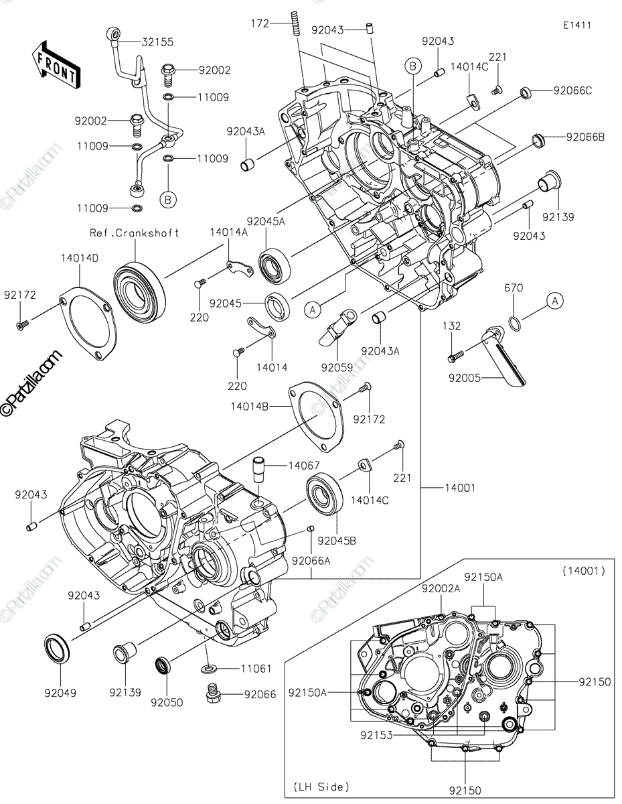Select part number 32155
click(x=157, y=42)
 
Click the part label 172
click(x=260, y=23)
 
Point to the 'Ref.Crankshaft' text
click(x=135, y=233)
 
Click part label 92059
click(x=337, y=367)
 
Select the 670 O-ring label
click(x=514, y=288)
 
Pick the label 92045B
click(x=337, y=541)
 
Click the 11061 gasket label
click(x=238, y=669)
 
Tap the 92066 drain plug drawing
click(x=214, y=695)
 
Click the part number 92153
click(x=377, y=735)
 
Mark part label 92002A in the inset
click(x=441, y=588)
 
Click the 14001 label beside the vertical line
click(x=459, y=488)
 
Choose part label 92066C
click(x=572, y=90)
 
